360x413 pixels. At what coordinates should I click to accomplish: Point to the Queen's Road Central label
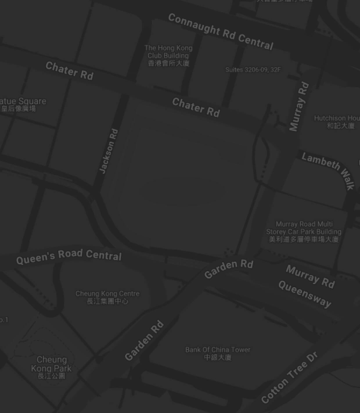69,256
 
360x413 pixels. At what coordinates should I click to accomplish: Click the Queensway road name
305,294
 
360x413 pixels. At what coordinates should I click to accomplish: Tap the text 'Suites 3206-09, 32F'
253,70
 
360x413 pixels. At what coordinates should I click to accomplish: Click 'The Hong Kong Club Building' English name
168,52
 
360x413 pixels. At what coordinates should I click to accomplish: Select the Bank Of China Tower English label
218,350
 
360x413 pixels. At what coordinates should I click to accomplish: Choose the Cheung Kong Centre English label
107,294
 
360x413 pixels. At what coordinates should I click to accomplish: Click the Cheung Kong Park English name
51,364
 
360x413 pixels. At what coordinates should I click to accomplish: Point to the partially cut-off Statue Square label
23,101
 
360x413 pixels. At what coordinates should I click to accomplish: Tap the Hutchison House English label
337,118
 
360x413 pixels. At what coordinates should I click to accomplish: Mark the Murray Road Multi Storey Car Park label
304,228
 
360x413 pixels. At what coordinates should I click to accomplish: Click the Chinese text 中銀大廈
218,357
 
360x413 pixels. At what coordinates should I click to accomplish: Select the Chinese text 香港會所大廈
168,63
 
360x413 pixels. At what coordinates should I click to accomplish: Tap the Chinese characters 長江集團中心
107,301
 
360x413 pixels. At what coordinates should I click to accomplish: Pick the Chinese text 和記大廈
341,126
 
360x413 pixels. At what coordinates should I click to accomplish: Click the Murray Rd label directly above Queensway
310,276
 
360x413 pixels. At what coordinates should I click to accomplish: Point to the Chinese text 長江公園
51,376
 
